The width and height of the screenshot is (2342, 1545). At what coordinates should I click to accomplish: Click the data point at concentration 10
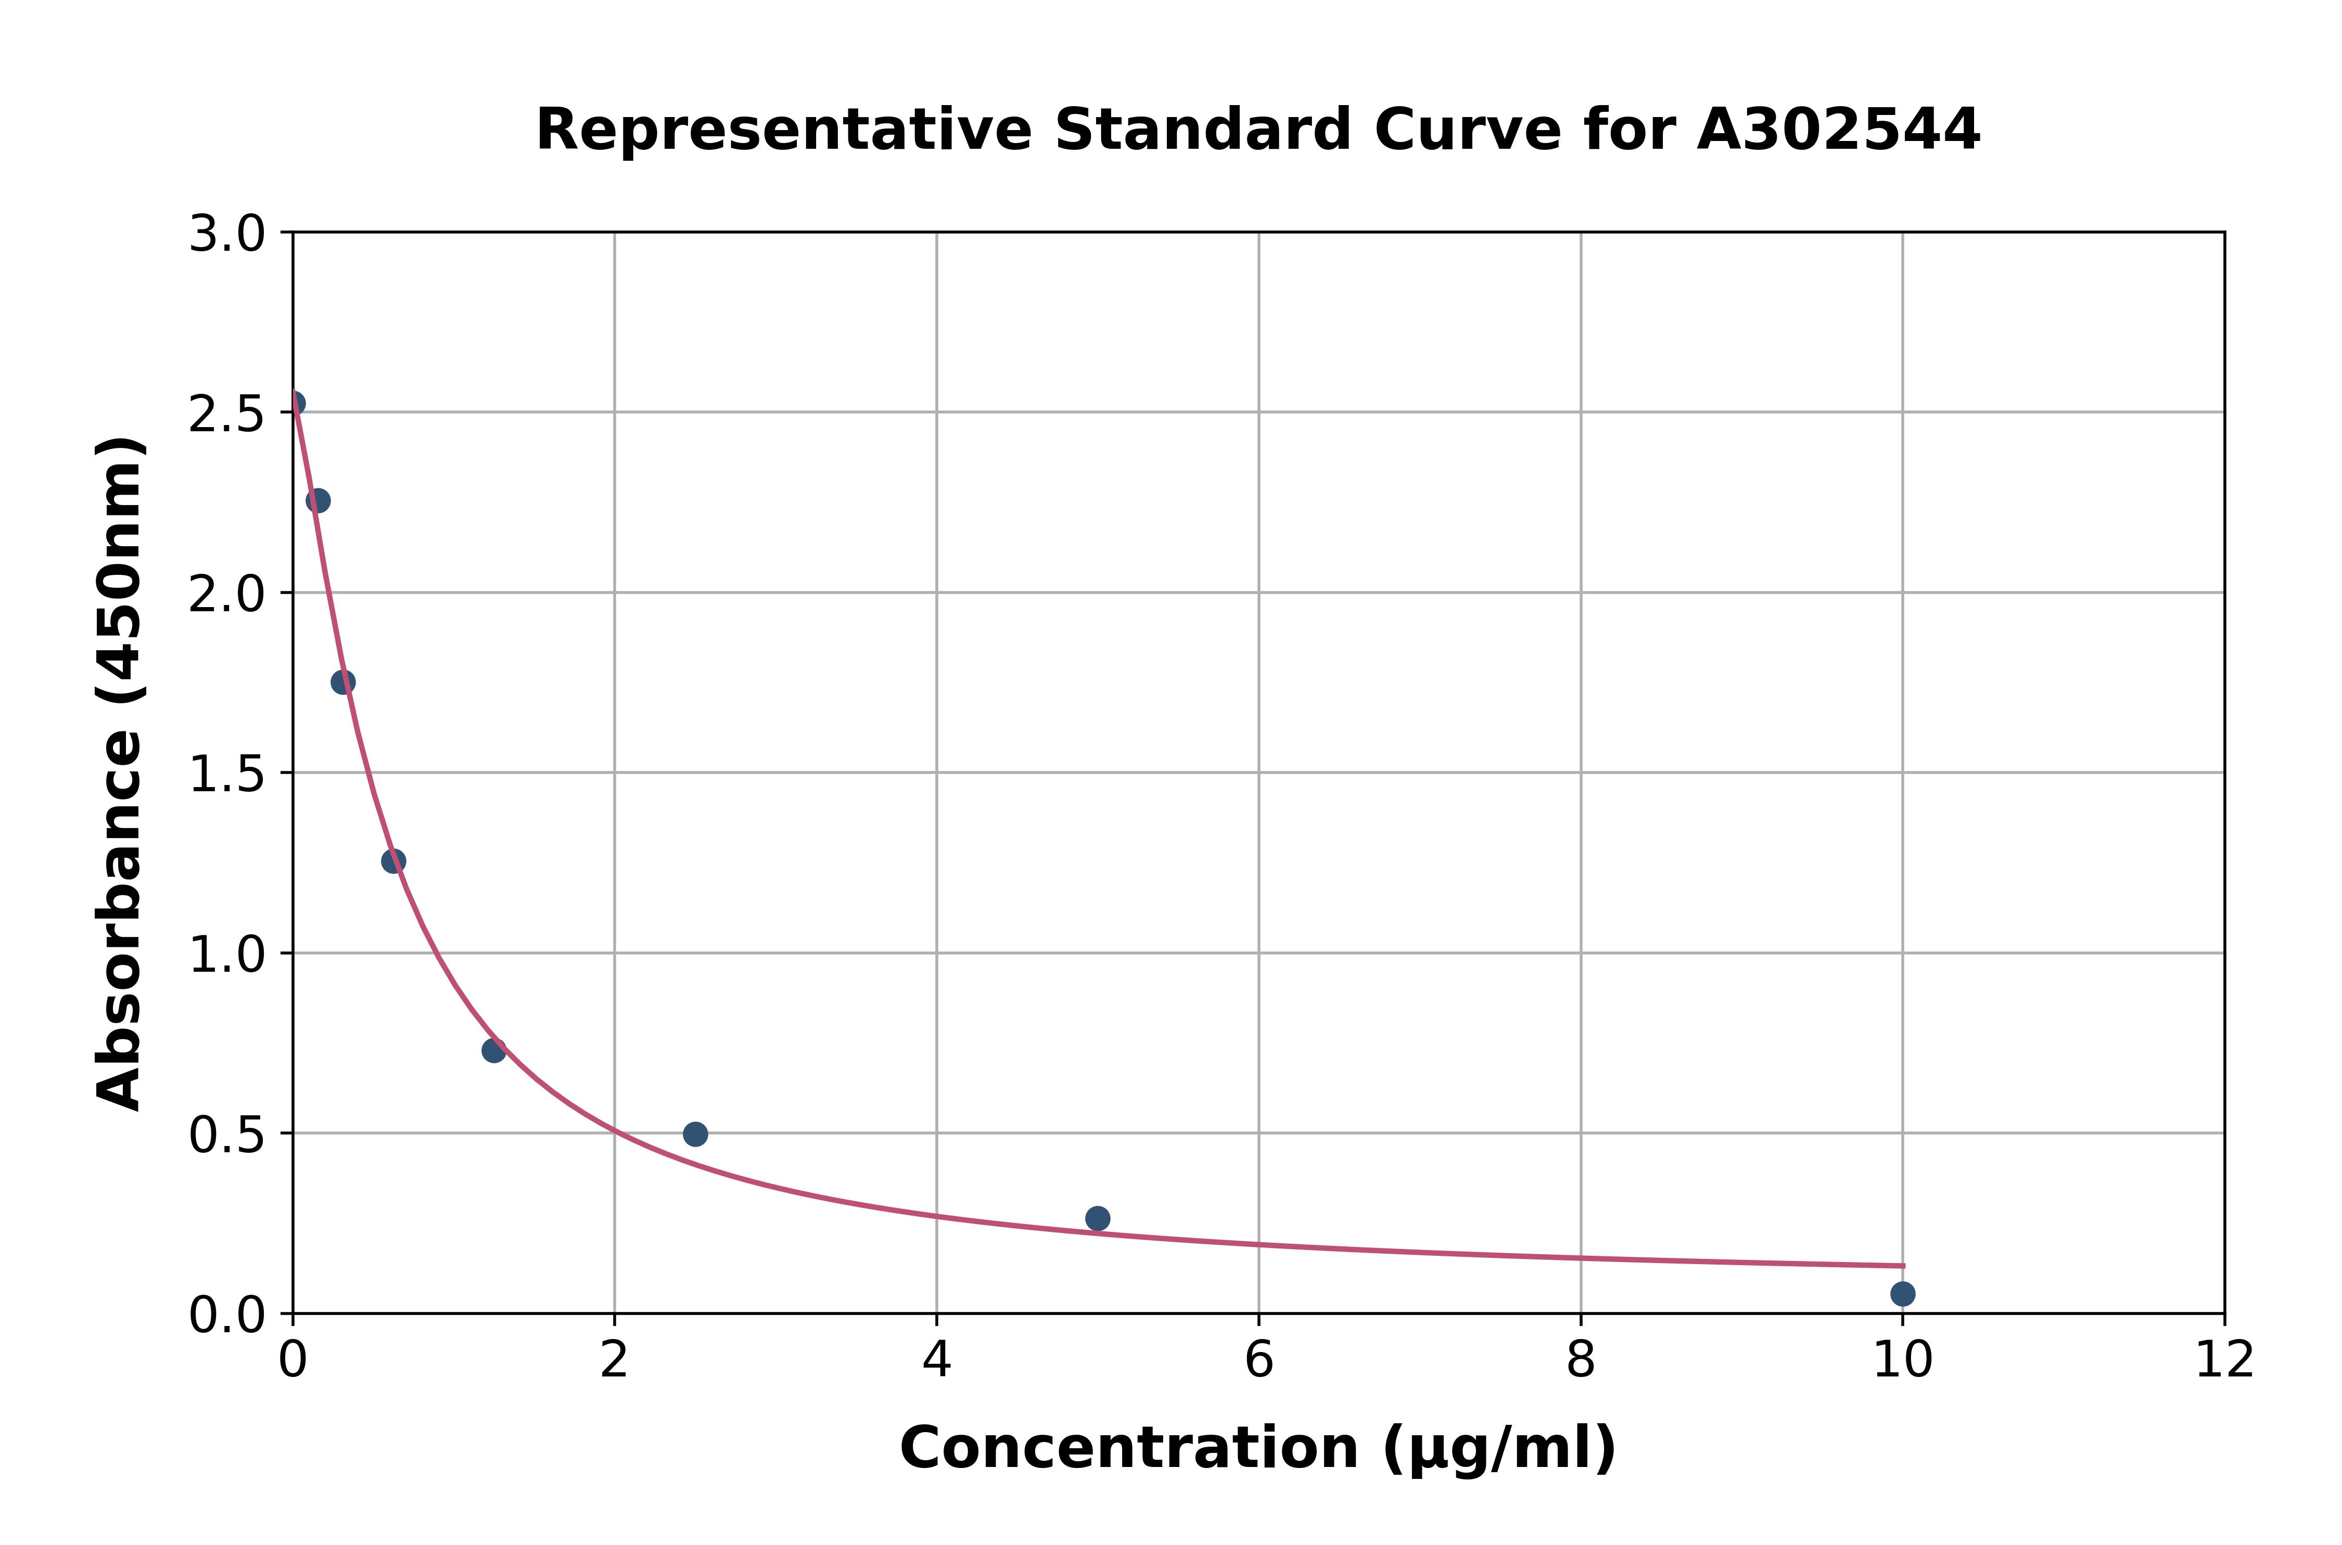(x=1902, y=1294)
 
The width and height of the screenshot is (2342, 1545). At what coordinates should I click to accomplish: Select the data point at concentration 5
(x=1097, y=1219)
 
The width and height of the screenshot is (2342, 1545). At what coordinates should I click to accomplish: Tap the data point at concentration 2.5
(x=695, y=1134)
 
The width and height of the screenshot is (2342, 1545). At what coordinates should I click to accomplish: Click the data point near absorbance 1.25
(x=393, y=861)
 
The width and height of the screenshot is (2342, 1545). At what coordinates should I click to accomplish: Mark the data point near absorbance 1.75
(x=343, y=682)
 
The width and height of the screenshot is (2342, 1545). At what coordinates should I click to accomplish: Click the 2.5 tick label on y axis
(x=227, y=415)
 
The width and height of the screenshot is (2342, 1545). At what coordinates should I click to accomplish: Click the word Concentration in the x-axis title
(x=1129, y=1448)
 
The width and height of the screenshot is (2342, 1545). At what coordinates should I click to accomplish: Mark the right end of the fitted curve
(x=1902, y=1265)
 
